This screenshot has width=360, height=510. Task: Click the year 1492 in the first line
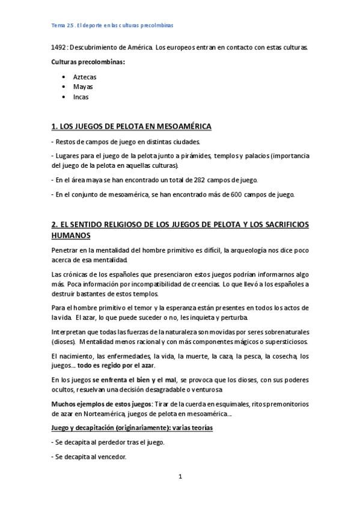click(x=58, y=47)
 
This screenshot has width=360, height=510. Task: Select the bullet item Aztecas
click(x=85, y=77)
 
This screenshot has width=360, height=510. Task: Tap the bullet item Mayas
click(x=83, y=87)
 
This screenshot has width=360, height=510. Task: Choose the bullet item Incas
click(x=81, y=96)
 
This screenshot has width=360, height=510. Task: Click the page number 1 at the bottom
click(x=180, y=476)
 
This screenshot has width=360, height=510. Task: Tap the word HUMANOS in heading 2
click(x=71, y=235)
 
